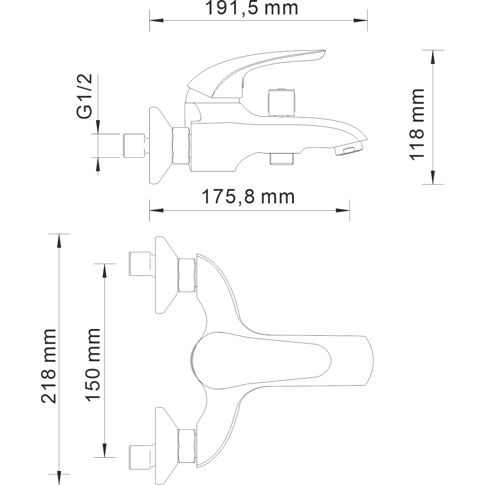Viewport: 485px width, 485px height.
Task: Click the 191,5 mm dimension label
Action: pos(251,8)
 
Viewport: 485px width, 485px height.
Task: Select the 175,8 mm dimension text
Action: pos(248,197)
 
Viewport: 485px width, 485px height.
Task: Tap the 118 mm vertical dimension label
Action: pos(417,124)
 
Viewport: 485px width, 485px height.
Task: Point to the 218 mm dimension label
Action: pos(49,366)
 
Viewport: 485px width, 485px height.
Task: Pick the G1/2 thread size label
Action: pos(85,97)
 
